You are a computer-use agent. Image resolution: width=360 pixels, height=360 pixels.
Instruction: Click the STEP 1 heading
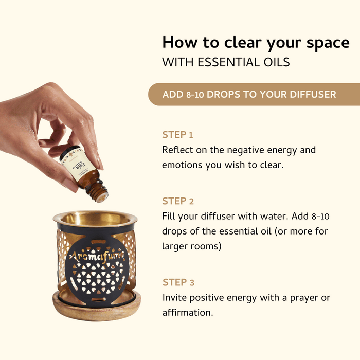[177, 135]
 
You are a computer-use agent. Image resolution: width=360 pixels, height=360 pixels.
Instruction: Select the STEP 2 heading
[178, 201]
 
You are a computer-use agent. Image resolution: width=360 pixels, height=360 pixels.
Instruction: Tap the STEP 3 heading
[178, 282]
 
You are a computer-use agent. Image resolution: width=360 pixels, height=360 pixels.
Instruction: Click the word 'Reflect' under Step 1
[178, 150]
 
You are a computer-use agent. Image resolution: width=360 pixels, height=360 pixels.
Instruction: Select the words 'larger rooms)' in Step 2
[191, 246]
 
